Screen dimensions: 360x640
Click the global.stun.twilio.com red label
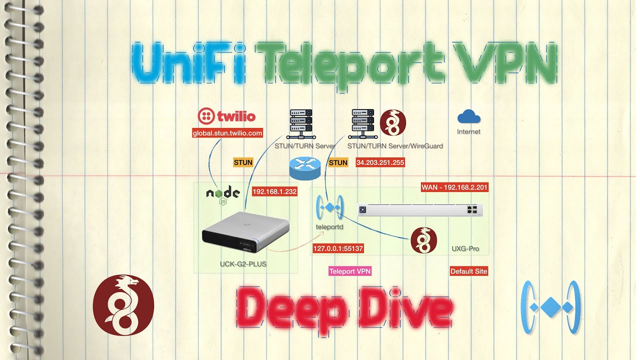(x=228, y=133)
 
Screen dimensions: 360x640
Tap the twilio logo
(x=227, y=116)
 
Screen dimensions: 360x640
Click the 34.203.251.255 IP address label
(x=380, y=162)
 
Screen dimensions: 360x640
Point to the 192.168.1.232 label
(x=275, y=191)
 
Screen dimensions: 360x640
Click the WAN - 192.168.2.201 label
(x=454, y=187)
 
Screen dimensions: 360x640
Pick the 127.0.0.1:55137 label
(x=338, y=248)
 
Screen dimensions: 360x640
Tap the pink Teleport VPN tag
(x=350, y=271)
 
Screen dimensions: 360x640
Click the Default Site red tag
(x=468, y=271)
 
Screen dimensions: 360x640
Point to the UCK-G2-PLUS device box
(x=245, y=233)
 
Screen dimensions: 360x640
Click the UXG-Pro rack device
(x=420, y=210)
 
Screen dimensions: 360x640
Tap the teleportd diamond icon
(x=329, y=207)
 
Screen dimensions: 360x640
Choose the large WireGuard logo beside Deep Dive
(x=123, y=304)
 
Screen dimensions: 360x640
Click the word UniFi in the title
(x=189, y=63)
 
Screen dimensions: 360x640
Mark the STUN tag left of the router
(x=243, y=162)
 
